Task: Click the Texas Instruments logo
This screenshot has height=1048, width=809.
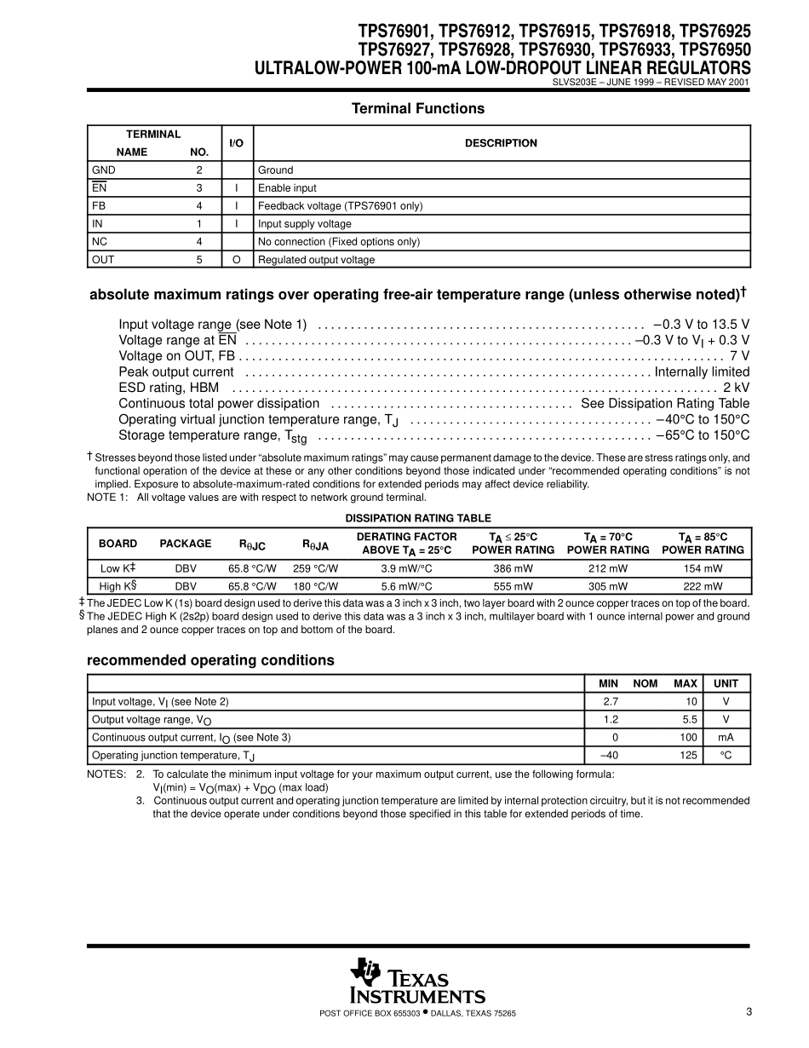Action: coord(416,981)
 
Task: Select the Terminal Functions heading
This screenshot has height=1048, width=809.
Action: coord(418,108)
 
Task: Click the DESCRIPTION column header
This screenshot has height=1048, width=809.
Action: coord(501,143)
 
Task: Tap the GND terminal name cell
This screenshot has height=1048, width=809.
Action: coord(103,170)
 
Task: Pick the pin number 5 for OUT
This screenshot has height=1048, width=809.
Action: coord(198,260)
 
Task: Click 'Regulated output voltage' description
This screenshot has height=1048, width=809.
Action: coord(316,260)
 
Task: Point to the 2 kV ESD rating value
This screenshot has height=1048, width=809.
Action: coord(736,388)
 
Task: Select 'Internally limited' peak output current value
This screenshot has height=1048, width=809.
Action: coord(702,371)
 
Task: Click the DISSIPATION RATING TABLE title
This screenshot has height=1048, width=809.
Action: coord(418,518)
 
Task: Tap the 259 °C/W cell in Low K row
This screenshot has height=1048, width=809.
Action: coord(315,568)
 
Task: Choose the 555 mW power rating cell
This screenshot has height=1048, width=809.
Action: coord(513,586)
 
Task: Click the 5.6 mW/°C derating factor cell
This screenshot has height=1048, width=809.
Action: coord(406,586)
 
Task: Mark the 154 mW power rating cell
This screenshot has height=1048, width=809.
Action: coord(703,568)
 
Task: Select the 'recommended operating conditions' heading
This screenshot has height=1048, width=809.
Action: coord(210,660)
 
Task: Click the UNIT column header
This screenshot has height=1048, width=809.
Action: coord(726,683)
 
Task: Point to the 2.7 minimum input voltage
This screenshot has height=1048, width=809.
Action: coord(609,701)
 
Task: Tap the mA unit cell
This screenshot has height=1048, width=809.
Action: coord(726,737)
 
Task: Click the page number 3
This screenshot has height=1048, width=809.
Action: coord(749,1011)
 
